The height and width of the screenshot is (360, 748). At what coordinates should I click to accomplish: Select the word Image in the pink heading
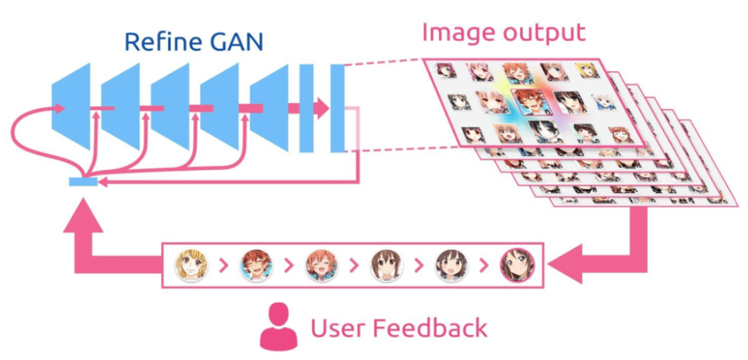pyautogui.click(x=458, y=32)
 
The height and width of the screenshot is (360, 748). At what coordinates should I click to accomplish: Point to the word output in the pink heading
pyautogui.click(x=545, y=32)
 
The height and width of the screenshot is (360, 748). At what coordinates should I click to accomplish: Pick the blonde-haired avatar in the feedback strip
pyautogui.click(x=191, y=265)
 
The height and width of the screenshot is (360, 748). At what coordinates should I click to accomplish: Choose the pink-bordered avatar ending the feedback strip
pyautogui.click(x=517, y=265)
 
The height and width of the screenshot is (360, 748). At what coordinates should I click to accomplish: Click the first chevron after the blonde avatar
pyautogui.click(x=225, y=266)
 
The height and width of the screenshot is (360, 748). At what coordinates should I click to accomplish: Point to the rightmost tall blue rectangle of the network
pyautogui.click(x=337, y=107)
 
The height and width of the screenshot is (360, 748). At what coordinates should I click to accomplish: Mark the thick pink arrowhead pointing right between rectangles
pyautogui.click(x=322, y=107)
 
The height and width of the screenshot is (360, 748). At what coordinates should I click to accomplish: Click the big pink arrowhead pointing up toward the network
pyautogui.click(x=83, y=218)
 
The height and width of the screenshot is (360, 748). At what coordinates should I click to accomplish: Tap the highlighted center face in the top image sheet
pyautogui.click(x=532, y=102)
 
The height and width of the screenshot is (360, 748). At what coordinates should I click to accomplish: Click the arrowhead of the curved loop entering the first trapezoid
pyautogui.click(x=61, y=107)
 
